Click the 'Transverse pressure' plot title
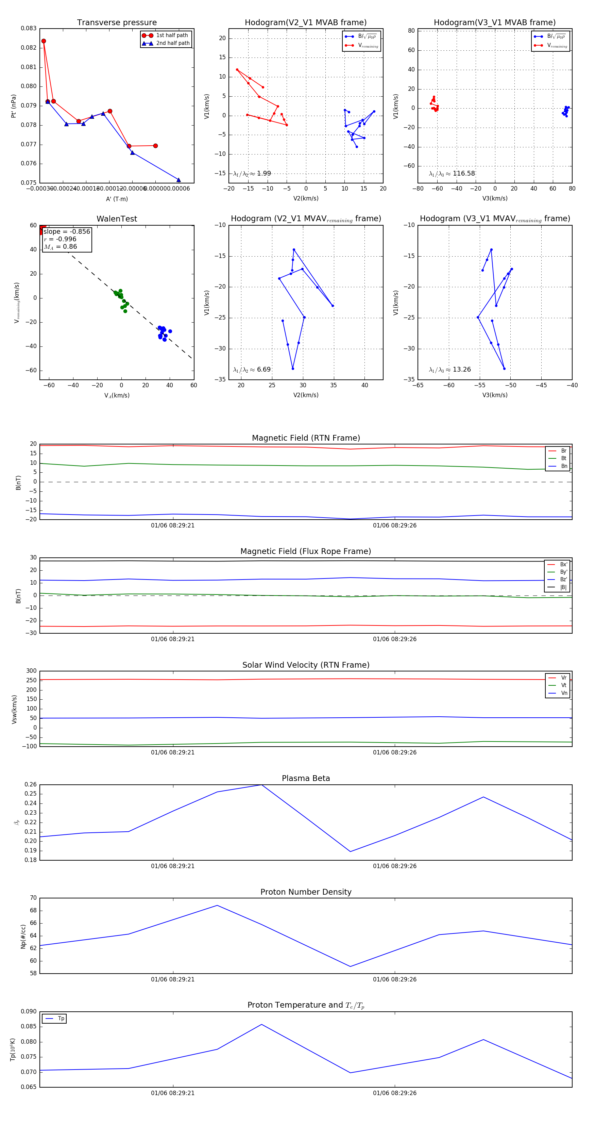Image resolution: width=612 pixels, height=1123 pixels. pyautogui.click(x=117, y=23)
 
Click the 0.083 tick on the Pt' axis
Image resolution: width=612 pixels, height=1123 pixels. pyautogui.click(x=29, y=28)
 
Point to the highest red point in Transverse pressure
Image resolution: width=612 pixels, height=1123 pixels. pyautogui.click(x=44, y=41)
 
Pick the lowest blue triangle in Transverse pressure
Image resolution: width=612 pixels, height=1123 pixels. pyautogui.click(x=178, y=180)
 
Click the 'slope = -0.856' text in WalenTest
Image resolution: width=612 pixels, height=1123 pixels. pyautogui.click(x=67, y=231)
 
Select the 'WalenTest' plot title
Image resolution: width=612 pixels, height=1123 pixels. pyautogui.click(x=117, y=219)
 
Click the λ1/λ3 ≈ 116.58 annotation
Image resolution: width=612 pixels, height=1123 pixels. pyautogui.click(x=452, y=174)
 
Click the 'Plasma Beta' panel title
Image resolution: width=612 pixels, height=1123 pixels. pyautogui.click(x=306, y=778)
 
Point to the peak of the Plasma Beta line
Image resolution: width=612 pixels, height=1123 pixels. pyautogui.click(x=261, y=785)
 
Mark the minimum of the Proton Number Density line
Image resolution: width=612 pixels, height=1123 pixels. pyautogui.click(x=350, y=966)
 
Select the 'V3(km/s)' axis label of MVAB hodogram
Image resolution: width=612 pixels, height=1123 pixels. pyautogui.click(x=495, y=198)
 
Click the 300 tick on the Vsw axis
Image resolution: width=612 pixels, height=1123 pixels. pyautogui.click(x=31, y=671)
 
